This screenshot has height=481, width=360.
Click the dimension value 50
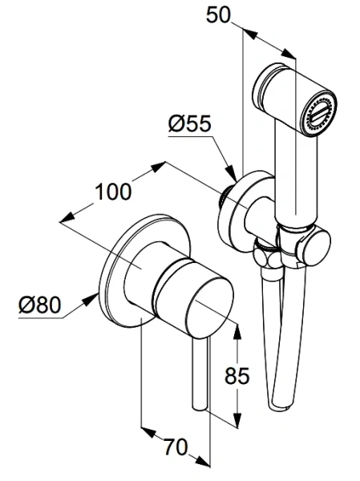[218, 16]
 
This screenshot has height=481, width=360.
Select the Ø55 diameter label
[190, 124]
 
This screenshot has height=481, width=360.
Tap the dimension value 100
[113, 192]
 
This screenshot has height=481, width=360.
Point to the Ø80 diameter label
[40, 305]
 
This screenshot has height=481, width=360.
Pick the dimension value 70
[175, 447]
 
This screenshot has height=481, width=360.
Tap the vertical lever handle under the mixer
[200, 374]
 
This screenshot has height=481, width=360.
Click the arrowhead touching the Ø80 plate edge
[91, 299]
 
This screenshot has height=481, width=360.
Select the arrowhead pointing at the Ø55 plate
[231, 172]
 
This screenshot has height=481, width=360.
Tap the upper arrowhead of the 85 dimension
[237, 331]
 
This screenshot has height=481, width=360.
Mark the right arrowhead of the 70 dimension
[203, 461]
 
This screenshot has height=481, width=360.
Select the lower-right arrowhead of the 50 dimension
[289, 53]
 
